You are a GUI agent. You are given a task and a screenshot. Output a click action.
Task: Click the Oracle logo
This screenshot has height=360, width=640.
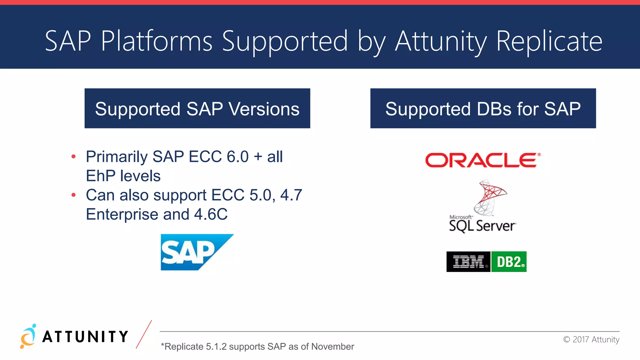[482, 160]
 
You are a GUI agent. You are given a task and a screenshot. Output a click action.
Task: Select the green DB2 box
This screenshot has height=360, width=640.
[509, 262]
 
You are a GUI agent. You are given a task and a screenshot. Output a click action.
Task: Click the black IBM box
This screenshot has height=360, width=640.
[468, 262]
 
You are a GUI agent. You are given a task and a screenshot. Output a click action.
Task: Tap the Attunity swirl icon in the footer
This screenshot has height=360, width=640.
[28, 337]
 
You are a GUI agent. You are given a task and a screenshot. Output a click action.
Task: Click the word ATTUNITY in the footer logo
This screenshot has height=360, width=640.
[85, 337]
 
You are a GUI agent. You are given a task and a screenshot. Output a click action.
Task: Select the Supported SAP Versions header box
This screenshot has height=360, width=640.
[197, 108]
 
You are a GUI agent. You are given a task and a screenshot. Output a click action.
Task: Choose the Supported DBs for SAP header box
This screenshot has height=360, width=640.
[483, 108]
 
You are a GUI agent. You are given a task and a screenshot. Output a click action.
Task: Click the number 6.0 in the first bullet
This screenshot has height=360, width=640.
[237, 157]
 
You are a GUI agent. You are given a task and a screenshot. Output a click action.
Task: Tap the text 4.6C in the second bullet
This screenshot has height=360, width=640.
[211, 214]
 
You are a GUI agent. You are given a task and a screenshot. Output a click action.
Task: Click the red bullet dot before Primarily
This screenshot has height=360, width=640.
[73, 157]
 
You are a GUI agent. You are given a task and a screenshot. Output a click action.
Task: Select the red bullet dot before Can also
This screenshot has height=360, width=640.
[73, 195]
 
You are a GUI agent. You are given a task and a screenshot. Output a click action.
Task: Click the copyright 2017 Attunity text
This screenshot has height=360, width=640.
[591, 339]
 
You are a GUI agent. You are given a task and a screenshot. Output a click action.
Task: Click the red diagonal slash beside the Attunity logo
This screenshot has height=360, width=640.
[144, 334]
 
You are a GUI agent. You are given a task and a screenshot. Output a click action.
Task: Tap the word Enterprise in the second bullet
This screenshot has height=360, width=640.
[122, 214]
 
